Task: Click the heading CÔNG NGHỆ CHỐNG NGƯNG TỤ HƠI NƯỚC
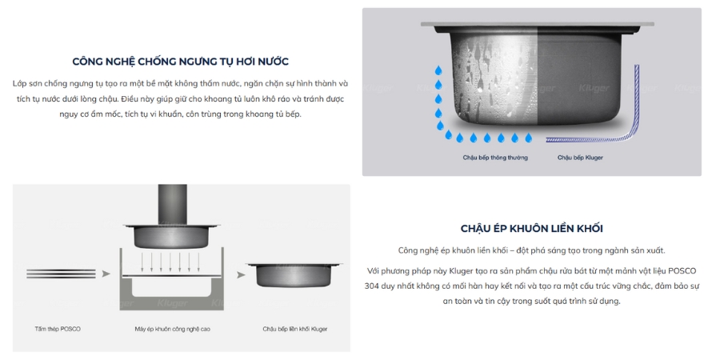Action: pyautogui.click(x=180, y=62)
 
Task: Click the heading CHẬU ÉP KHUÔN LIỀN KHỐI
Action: pyautogui.click(x=531, y=228)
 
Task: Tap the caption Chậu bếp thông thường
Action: pyautogui.click(x=495, y=158)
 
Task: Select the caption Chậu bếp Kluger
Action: pyautogui.click(x=580, y=158)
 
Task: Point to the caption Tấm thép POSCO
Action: pyautogui.click(x=58, y=329)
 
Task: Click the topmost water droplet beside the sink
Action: pyautogui.click(x=438, y=71)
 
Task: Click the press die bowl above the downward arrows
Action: pyautogui.click(x=171, y=237)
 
